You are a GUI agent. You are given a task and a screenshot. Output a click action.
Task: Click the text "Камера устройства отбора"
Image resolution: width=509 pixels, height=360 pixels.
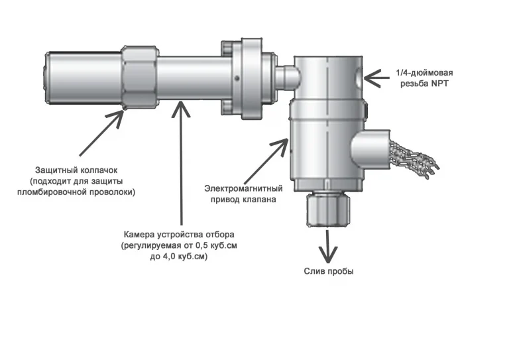coord(179,235)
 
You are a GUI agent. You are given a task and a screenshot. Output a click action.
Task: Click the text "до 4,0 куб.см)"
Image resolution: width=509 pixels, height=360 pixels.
coord(179,257)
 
